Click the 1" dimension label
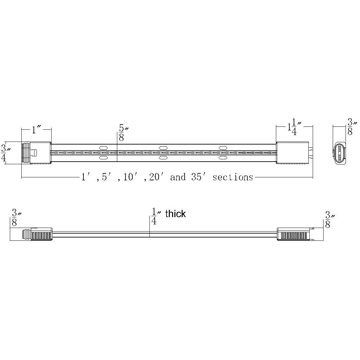click(36, 130)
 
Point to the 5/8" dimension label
click(122, 133)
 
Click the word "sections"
click(233, 177)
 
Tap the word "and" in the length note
click(178, 177)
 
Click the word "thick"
click(175, 214)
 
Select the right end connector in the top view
click(293, 153)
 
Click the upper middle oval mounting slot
click(163, 148)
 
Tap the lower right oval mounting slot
click(222, 158)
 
